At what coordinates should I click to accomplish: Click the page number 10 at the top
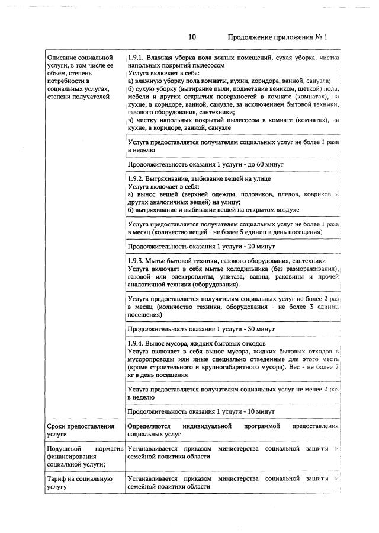pos(192,37)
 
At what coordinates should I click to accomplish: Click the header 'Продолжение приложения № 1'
pos(277,37)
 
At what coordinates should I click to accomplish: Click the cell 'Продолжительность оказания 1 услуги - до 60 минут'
pos(205,164)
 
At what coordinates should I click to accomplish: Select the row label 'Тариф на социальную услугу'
pos(79,483)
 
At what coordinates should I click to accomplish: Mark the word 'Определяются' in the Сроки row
pos(149,427)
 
